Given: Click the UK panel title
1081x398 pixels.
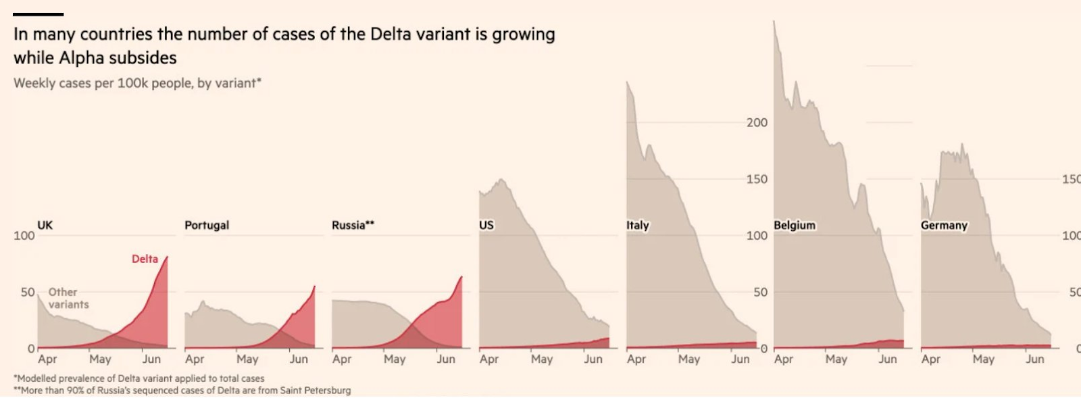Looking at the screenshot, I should pos(45,225).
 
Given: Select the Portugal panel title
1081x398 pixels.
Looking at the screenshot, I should pos(207,225).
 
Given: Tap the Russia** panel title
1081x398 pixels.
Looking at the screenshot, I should pos(353,225).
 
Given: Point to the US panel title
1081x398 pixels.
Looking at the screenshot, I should pos(486,225).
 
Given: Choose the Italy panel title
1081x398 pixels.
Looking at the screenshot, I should pos(638,225).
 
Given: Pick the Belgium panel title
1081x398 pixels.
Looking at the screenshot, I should pos(795,225).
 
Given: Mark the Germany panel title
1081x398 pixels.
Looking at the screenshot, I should pos(944,225).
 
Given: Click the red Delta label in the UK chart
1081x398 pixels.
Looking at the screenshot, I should pos(145,259).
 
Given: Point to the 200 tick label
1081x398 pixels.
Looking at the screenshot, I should pos(757,122).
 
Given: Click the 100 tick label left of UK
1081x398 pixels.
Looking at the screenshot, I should pos(24,236).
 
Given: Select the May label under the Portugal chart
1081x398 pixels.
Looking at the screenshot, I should pos(247,359).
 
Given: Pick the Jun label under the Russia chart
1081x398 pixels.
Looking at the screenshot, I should pos(446,359).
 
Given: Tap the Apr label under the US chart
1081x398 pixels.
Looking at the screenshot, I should pos(489,359).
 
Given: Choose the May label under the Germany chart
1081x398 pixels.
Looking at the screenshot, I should pos(984,359).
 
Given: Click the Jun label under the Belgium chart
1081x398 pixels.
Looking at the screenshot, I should pos(888,359).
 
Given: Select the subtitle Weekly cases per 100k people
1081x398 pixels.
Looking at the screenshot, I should pos(137,83).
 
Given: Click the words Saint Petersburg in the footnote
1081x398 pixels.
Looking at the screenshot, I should pos(320,391).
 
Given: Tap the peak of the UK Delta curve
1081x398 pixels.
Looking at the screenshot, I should pos(167,257).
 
